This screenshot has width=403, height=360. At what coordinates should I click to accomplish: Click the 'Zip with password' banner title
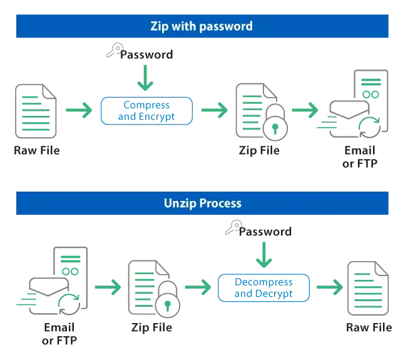[201, 26]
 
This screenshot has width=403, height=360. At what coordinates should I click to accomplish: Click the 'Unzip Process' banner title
[201, 203]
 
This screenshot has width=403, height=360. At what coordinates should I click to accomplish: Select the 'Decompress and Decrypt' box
[263, 287]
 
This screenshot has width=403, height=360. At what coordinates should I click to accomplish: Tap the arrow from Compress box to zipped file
[215, 111]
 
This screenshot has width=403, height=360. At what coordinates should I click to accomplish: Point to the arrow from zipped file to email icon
[305, 110]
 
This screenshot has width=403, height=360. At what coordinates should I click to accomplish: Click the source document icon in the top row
[37, 111]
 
